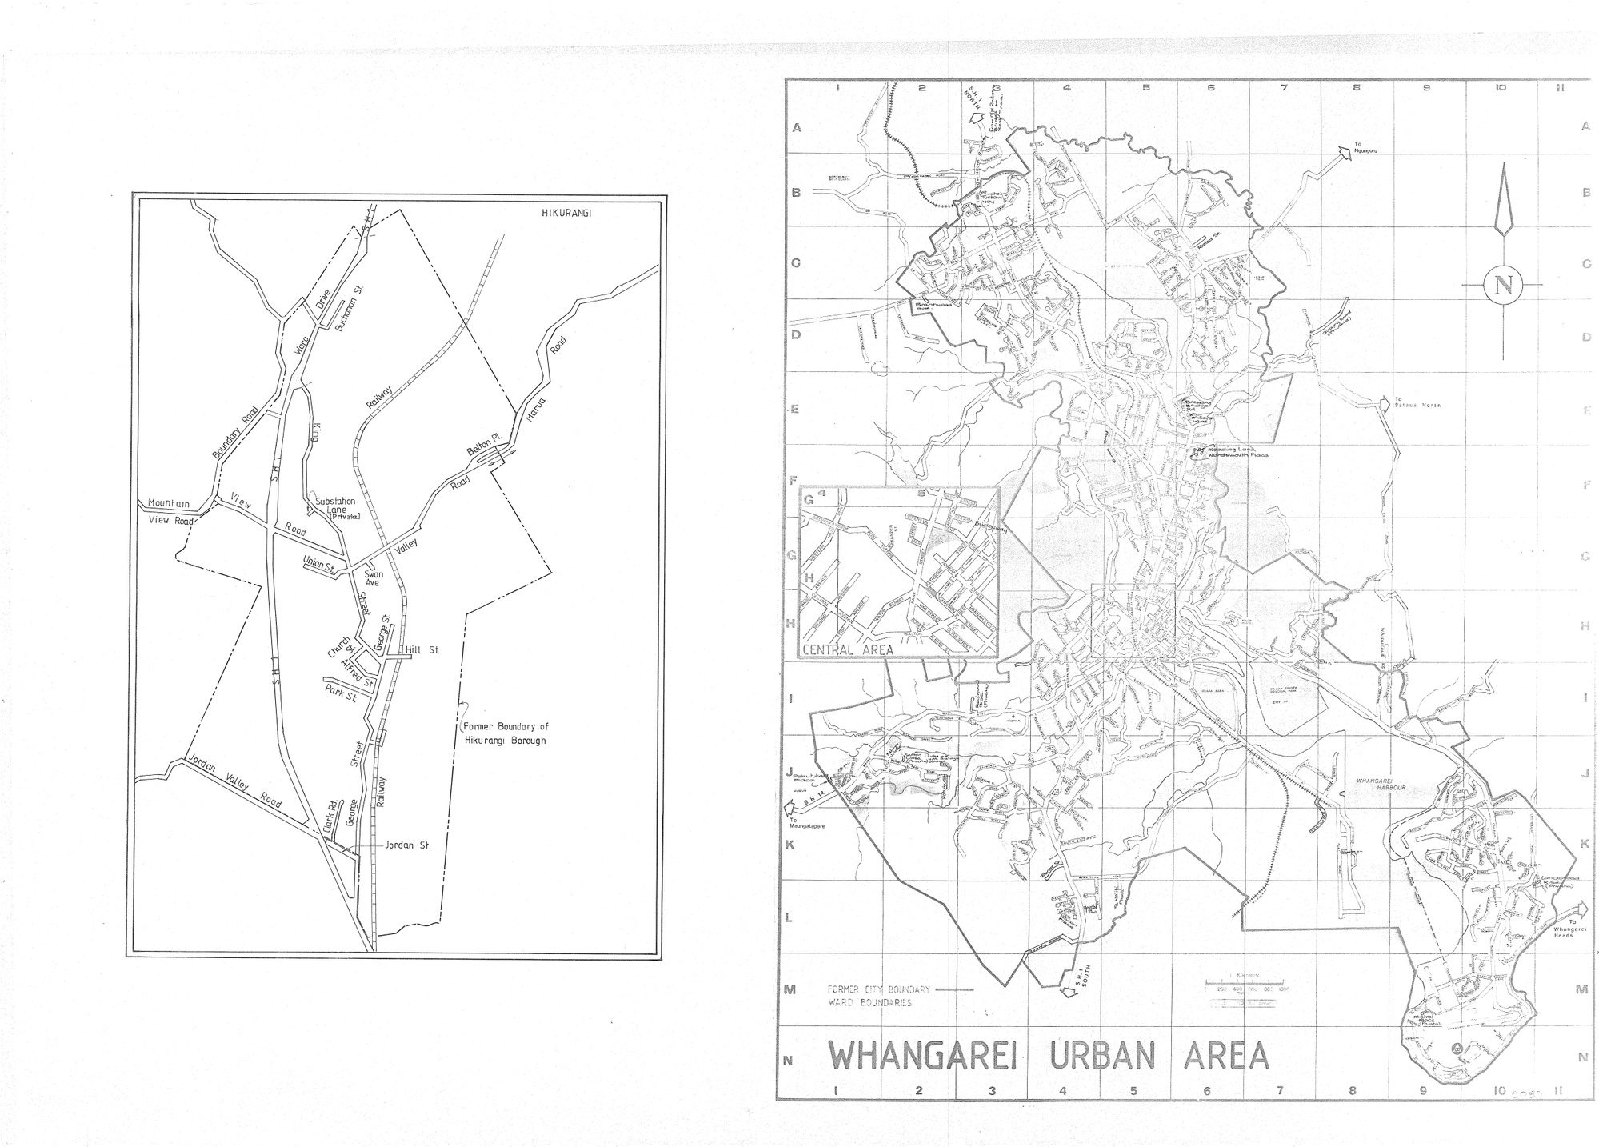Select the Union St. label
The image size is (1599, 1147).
[318, 564]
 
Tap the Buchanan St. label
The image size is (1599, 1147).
[345, 298]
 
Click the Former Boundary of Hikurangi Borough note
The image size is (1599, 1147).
[506, 734]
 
